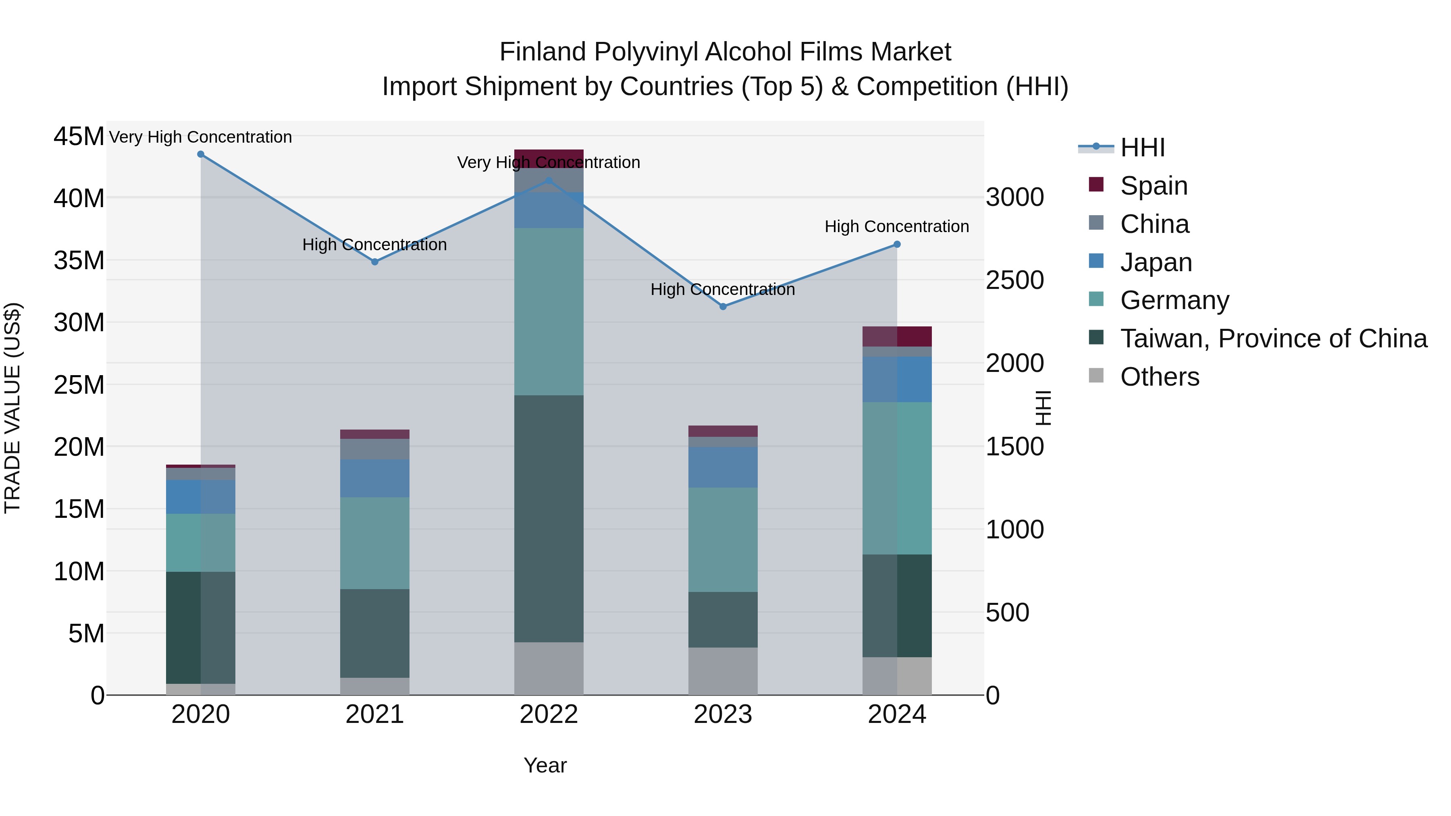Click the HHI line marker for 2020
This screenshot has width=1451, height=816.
click(x=201, y=154)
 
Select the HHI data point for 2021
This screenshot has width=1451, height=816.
click(x=374, y=262)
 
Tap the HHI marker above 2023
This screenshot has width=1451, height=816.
click(x=723, y=307)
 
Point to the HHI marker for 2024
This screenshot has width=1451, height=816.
click(x=897, y=245)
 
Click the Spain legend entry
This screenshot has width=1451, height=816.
click(x=1154, y=186)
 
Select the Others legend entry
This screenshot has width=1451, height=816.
click(x=1160, y=377)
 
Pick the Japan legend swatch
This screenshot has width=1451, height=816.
click(x=1096, y=261)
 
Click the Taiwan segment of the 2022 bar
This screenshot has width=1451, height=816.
click(x=549, y=518)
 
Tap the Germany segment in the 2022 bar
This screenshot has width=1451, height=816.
click(x=549, y=311)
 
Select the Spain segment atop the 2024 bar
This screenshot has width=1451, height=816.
click(x=897, y=336)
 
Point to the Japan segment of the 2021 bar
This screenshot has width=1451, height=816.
click(x=374, y=478)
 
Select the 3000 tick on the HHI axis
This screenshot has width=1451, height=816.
click(x=1014, y=198)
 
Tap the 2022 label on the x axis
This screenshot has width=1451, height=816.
click(x=549, y=714)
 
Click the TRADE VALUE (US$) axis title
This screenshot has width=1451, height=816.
click(x=13, y=408)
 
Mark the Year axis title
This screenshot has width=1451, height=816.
click(x=545, y=765)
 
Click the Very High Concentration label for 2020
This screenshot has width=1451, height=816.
click(x=201, y=137)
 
